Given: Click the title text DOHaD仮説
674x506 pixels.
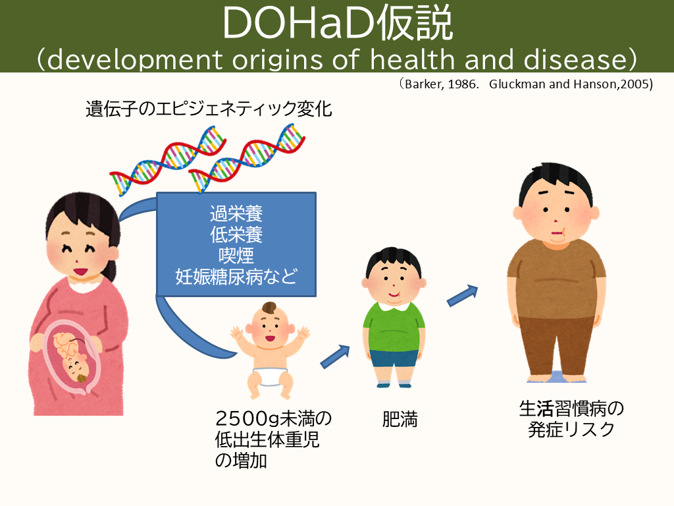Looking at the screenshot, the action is coord(338,23).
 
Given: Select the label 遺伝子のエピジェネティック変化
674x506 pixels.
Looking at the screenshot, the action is coord(209,109).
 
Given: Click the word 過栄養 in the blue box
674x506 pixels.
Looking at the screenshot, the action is coord(236,213).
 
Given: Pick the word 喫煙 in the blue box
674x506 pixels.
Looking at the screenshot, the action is coord(236,256).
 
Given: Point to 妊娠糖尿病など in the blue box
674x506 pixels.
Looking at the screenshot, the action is coord(236,277).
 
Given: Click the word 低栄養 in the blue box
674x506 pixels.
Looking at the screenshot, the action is coord(236,235).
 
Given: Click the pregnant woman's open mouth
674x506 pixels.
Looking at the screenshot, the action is coord(80,271).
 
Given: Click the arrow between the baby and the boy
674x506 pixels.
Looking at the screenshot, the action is coord(335,356).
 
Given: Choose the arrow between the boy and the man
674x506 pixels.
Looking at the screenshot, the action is coord(463,296).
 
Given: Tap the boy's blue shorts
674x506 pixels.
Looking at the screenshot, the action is coord(394,358).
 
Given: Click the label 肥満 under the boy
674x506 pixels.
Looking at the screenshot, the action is coord(400,419).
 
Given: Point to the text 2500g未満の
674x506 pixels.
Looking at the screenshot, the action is coord(273,418).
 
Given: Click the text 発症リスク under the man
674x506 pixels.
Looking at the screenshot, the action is coord(571,430).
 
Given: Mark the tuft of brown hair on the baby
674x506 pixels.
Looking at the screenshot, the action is coord(269,308).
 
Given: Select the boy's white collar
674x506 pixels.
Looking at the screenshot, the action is coord(394,306).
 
